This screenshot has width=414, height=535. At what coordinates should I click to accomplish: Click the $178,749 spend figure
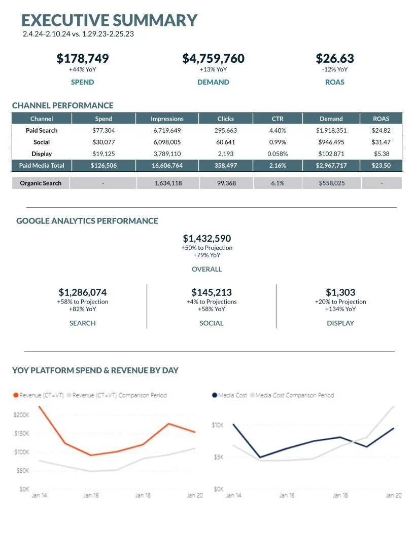coord(82,59)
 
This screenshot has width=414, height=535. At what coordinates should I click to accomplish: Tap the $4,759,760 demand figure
coord(213,59)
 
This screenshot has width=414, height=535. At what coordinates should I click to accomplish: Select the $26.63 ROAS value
coord(335,59)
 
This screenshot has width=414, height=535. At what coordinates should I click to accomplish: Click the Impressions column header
coord(167,119)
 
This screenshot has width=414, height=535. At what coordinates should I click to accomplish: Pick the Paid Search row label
coord(42,130)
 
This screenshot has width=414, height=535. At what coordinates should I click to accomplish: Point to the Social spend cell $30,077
coord(103,142)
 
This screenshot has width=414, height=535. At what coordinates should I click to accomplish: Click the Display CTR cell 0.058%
coord(278,154)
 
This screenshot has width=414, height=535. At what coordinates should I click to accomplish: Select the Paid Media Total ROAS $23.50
coord(381,165)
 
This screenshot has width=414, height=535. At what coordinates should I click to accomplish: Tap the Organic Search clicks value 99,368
coord(226,183)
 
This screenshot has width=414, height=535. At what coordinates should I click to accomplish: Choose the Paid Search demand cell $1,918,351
coord(331,130)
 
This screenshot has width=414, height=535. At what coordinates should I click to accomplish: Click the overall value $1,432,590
coord(207,238)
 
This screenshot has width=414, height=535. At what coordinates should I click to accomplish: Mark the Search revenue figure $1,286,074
coord(83,292)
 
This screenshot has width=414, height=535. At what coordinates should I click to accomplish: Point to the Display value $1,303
coord(340,292)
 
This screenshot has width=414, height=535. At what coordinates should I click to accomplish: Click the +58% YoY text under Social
coord(212,309)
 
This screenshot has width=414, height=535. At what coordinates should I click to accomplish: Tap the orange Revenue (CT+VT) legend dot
coord(15,395)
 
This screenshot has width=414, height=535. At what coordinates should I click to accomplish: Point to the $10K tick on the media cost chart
coord(217,425)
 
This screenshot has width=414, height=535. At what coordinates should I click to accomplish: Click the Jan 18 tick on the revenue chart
coord(143,495)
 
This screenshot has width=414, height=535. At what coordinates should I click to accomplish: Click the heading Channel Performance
coord(62,105)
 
